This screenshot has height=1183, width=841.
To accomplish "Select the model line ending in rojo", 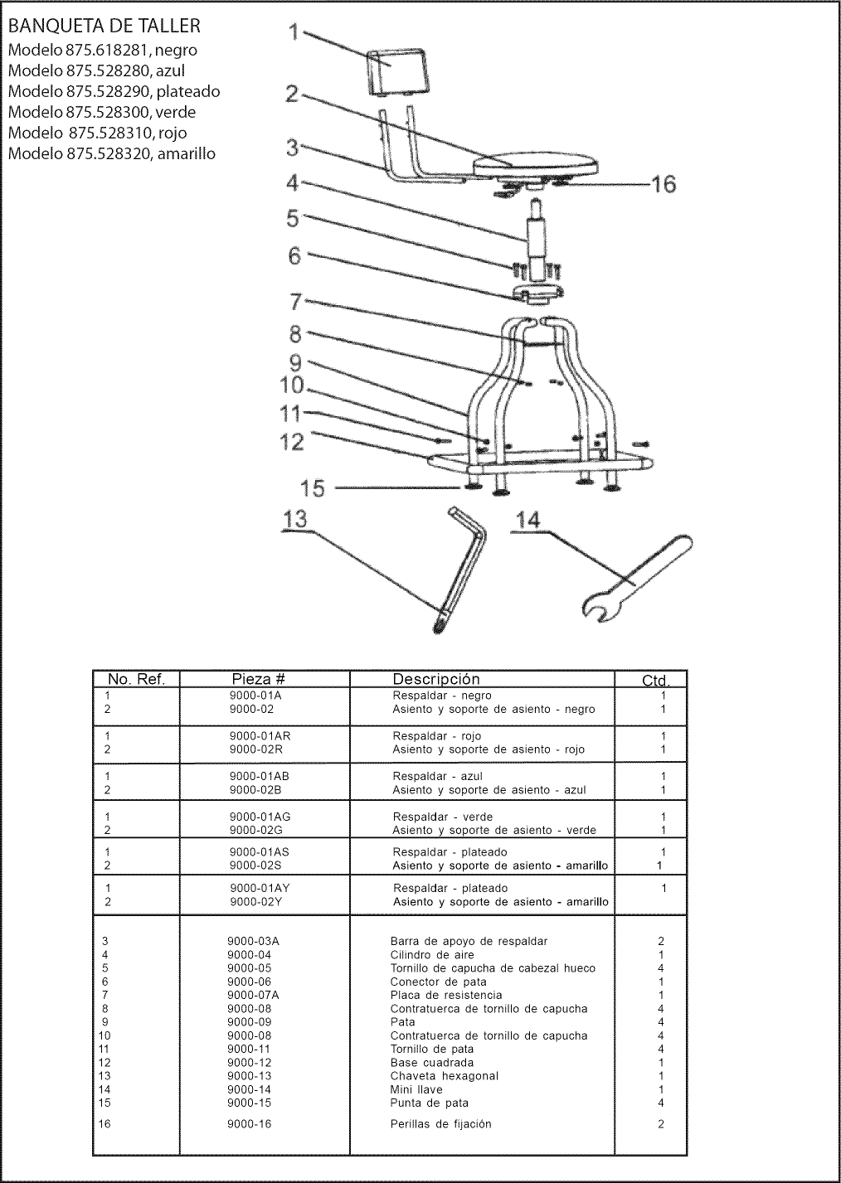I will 97,133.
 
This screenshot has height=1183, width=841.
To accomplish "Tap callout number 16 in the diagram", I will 663,184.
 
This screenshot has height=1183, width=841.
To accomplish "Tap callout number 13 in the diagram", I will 294,520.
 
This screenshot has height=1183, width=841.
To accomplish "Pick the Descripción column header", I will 435,679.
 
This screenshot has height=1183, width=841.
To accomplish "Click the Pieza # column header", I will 259,679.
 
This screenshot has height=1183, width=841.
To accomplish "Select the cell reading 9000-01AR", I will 260,736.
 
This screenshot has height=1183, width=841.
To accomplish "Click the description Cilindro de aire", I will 432,955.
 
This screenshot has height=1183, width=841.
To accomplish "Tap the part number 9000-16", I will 249,1124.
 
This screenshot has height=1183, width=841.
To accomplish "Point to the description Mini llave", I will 416,1089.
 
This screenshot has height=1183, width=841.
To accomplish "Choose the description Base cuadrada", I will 431,1063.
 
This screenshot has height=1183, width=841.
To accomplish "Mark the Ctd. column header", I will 655,681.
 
